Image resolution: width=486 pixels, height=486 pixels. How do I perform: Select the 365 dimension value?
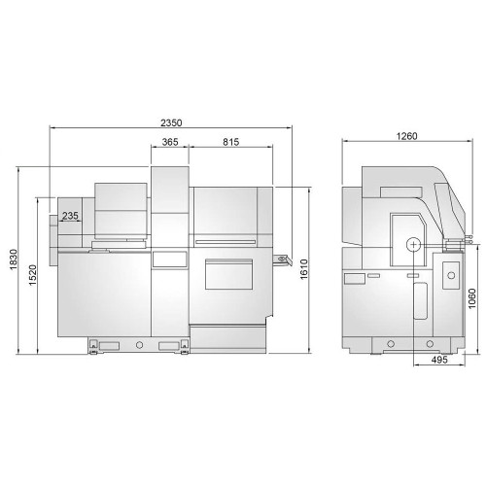tap(170, 142)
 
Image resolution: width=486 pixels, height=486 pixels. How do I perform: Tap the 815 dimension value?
tap(230, 142)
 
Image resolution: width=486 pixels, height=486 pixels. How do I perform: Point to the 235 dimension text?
tap(70, 216)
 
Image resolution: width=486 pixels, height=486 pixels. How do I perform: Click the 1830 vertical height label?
tap(14, 260)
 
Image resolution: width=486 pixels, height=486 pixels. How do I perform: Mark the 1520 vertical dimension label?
tap(33, 275)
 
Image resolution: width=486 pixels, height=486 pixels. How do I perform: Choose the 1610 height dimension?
tap(303, 269)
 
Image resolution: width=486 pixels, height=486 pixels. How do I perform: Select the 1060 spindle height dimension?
tap(472, 298)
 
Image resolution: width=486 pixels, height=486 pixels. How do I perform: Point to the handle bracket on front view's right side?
tap(283, 260)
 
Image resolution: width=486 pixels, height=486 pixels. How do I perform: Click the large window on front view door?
tap(231, 273)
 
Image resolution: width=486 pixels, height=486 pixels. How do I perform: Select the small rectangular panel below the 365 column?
tap(169, 259)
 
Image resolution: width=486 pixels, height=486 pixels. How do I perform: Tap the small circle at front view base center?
tap(140, 345)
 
